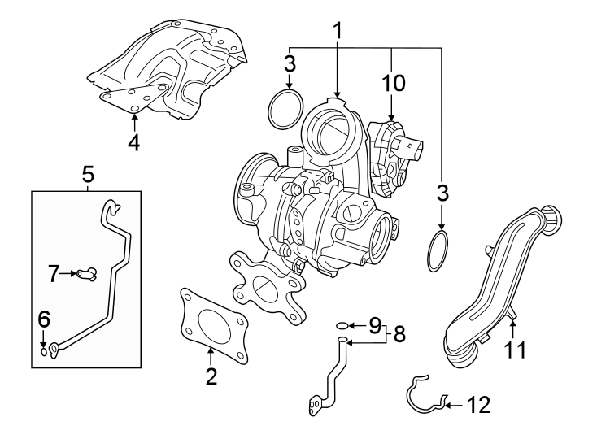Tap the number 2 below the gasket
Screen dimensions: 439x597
211,376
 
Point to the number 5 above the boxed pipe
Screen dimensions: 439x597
88,173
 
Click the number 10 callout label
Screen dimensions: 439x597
392,82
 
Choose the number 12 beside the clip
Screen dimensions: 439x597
480,404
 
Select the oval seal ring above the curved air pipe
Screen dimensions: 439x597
439,250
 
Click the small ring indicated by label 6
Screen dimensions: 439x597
44,351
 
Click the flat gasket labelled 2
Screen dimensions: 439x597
210,321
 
